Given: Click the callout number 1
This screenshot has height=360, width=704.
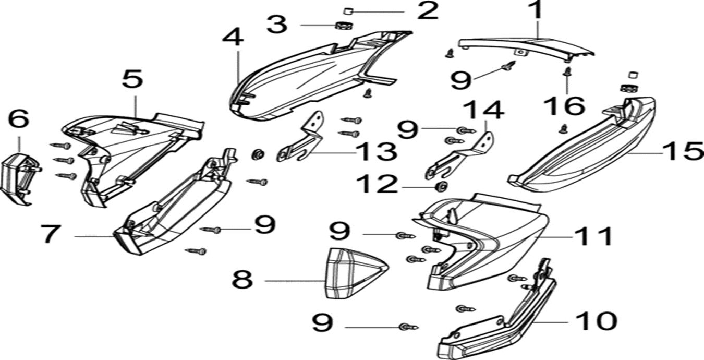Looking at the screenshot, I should [536, 11].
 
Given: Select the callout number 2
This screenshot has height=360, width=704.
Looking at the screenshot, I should [428, 11].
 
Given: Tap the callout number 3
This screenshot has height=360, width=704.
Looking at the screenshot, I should [276, 24].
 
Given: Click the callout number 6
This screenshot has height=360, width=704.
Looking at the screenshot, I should [19, 119].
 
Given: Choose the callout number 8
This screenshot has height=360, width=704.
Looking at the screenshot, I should [242, 280].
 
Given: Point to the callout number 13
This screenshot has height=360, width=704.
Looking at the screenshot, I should [375, 152].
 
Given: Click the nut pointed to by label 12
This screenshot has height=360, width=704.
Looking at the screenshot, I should [441, 187].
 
